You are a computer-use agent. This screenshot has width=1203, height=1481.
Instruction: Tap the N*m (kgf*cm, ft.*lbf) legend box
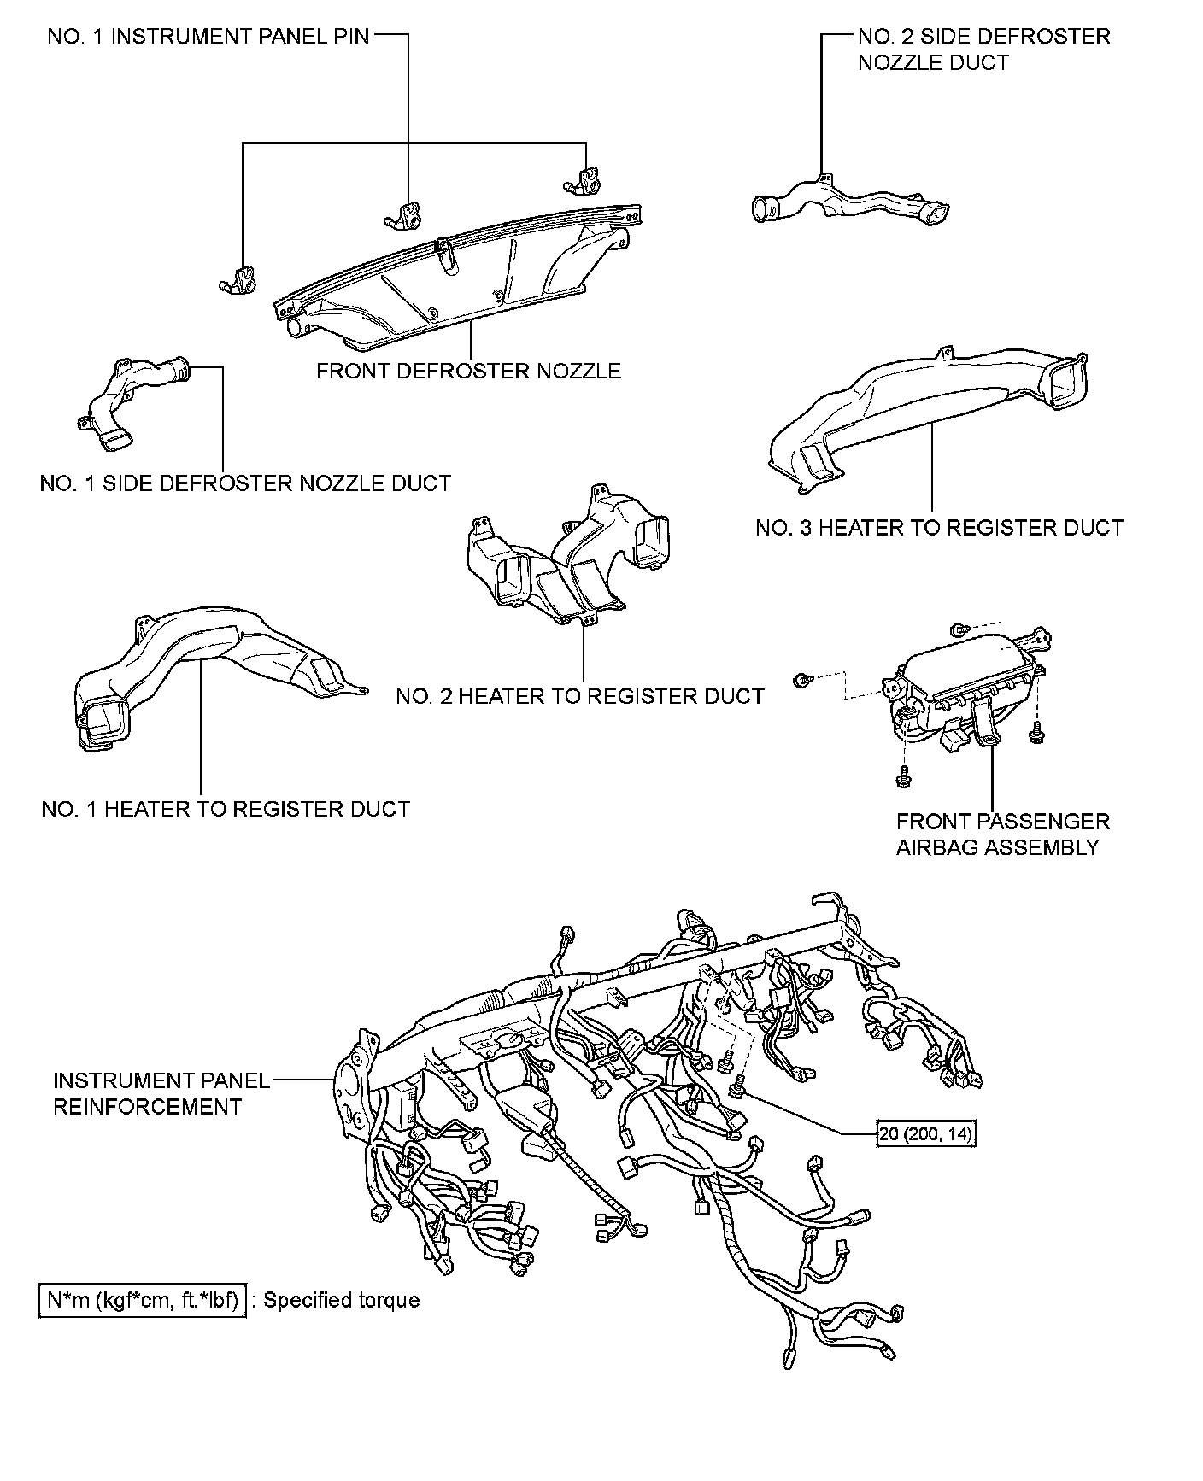coord(143,1300)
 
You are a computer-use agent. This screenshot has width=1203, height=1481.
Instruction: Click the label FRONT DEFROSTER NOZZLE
coord(468,371)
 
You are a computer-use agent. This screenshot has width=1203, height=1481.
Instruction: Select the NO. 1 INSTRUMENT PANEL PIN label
coord(208,37)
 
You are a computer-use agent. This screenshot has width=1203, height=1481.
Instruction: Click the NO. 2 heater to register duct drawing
coord(568,559)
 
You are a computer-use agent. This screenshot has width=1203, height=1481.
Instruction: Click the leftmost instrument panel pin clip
coord(237,281)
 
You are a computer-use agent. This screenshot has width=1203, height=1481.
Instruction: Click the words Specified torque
coord(342,1300)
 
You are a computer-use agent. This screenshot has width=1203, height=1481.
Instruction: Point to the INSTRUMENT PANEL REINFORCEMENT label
coord(161,1093)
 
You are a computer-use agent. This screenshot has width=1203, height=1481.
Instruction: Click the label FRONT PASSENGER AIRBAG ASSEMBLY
coord(1002,834)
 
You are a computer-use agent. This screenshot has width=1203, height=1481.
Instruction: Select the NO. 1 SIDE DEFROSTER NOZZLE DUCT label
coord(245,483)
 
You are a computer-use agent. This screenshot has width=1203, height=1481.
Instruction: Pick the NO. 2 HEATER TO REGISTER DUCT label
coord(579,696)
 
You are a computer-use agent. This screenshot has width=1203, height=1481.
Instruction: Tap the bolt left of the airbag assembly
coord(801,680)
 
